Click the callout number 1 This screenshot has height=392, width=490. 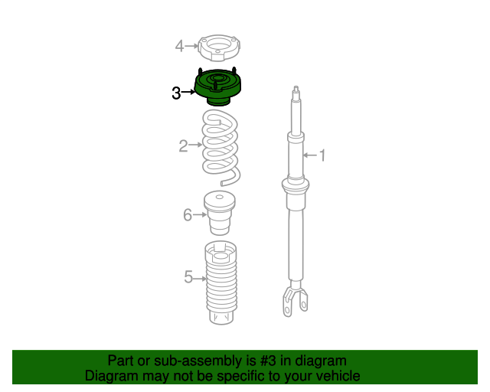(322, 155)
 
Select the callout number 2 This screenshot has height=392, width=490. (184, 146)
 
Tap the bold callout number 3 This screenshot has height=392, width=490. (176, 93)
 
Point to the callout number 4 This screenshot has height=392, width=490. (179, 46)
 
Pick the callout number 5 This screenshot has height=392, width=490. (188, 277)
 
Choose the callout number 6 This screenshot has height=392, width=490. (188, 215)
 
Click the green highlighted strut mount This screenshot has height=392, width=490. (217, 87)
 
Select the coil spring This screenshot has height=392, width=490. (220, 147)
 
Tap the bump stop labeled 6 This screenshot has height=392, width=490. (220, 213)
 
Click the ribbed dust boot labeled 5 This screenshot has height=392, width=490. (220, 283)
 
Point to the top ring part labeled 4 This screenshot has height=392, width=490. (220, 47)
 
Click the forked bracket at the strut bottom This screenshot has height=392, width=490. (295, 299)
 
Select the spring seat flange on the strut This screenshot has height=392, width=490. (296, 185)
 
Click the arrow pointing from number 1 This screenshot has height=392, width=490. (310, 155)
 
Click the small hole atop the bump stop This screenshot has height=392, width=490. (220, 197)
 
